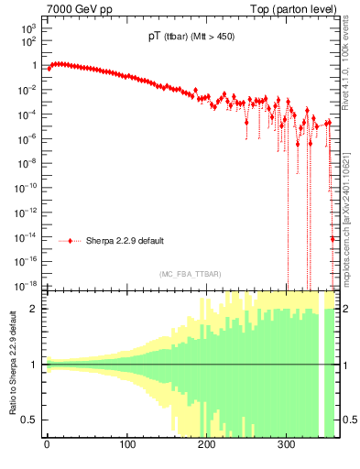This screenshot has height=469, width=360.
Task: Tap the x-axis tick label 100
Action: coord(126,451)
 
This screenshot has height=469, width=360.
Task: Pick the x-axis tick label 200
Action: coord(207,451)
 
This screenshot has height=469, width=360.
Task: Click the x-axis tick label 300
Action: coord(287,451)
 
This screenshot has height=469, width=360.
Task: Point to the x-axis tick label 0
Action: coord(47,451)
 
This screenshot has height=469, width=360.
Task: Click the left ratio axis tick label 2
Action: coord(36,309)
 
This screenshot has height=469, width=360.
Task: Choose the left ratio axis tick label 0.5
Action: coord(32,420)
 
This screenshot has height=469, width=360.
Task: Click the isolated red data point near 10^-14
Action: coord(332,239)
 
